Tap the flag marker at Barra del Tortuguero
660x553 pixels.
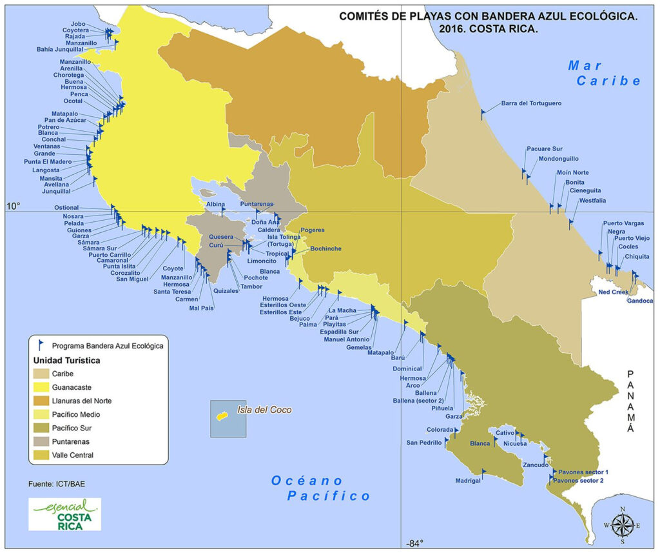coord(483,114)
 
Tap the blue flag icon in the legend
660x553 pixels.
coord(41,345)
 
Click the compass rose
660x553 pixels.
coord(622,525)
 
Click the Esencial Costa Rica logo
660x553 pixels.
coord(64,514)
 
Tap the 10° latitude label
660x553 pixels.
coord(13,206)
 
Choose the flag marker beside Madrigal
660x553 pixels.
coord(483,473)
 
